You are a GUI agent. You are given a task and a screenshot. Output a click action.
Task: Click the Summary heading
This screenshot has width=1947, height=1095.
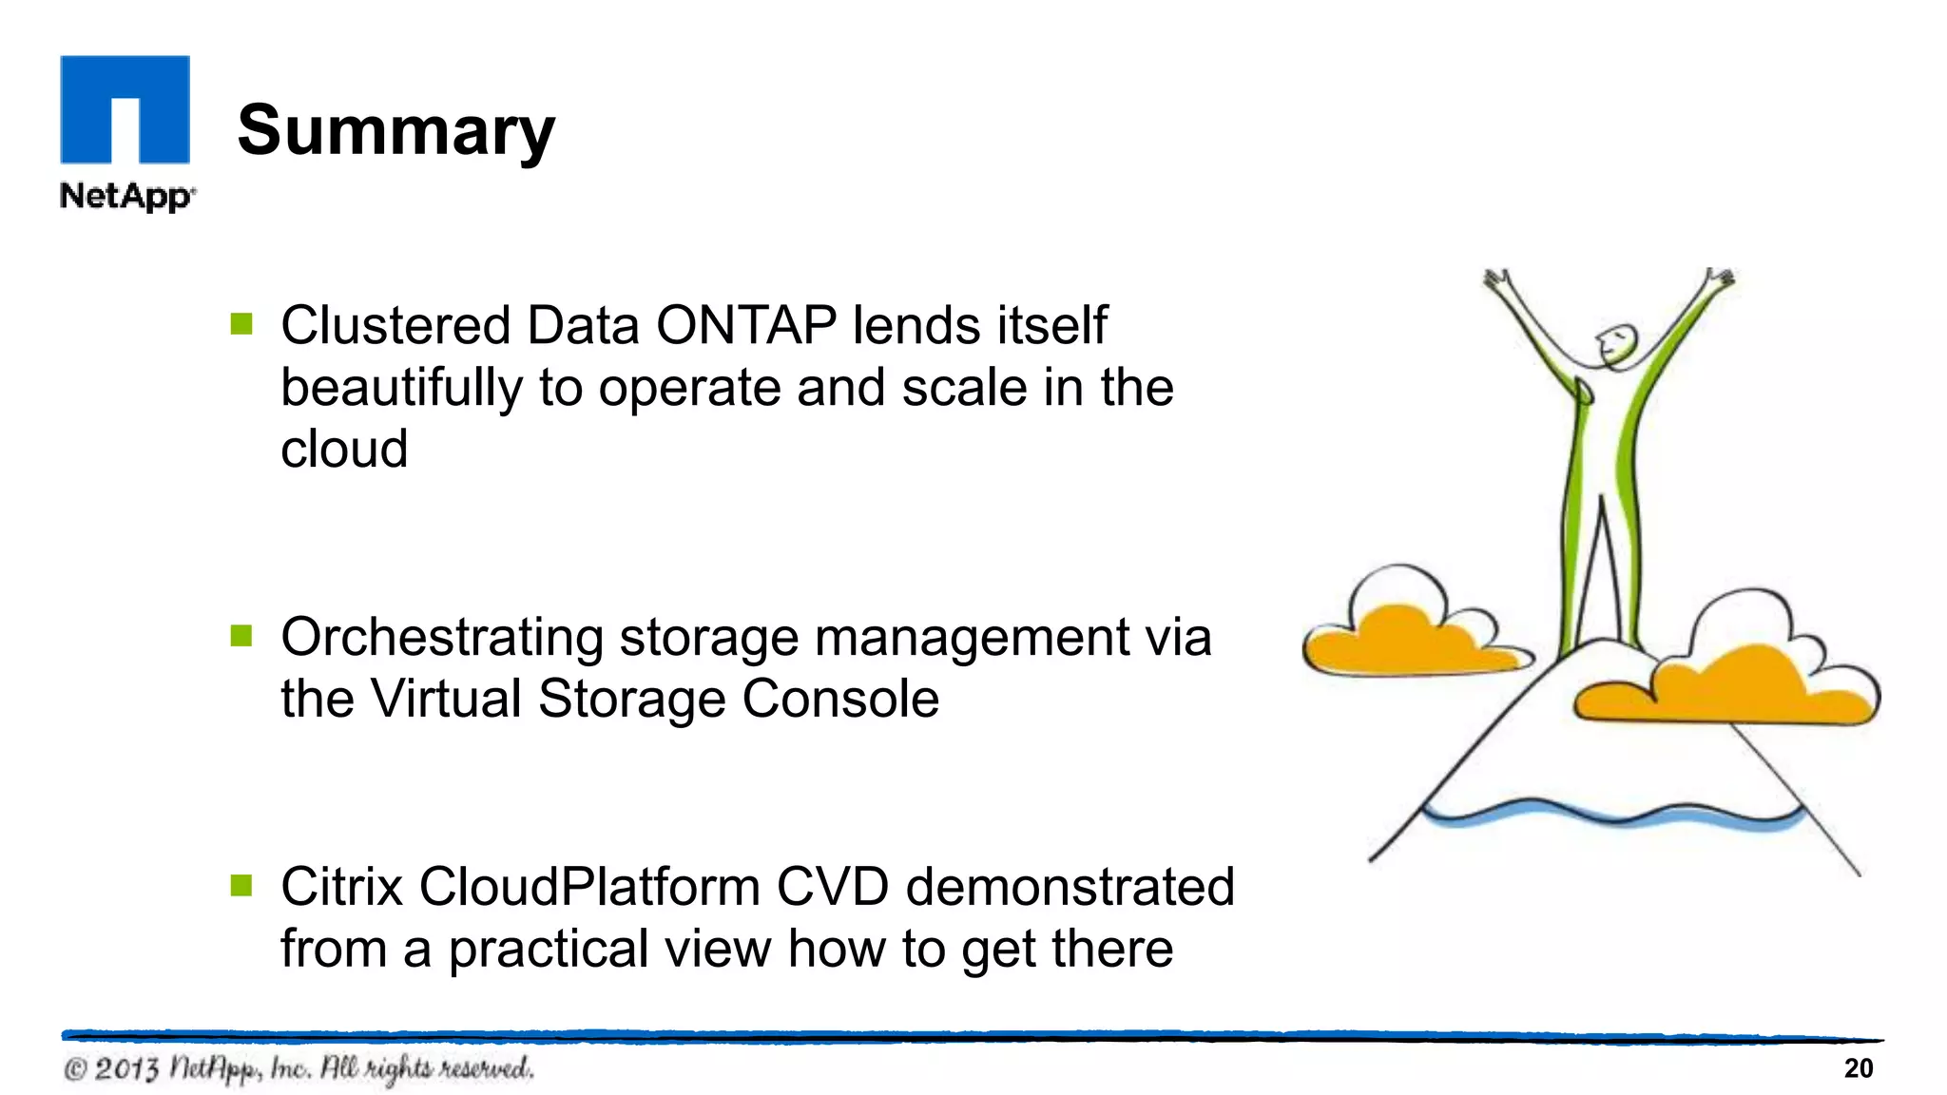tap(395, 131)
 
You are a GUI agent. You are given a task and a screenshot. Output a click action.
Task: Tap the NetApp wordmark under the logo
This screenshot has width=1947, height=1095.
tap(126, 196)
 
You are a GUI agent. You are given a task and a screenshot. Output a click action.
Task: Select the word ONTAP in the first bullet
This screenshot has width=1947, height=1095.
tap(746, 325)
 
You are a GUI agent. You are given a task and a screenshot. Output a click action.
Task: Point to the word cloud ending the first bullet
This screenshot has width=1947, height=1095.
tap(344, 449)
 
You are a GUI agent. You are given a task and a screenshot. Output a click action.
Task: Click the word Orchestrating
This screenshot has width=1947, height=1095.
tap(442, 637)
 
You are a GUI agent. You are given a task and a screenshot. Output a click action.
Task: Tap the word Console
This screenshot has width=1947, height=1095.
tap(840, 699)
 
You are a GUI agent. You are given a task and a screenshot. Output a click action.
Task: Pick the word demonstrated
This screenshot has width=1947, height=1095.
tap(1070, 887)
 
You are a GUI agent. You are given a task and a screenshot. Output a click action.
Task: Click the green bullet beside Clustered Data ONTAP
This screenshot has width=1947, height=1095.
tap(241, 325)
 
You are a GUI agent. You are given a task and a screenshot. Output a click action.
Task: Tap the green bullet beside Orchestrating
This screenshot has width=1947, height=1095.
tap(241, 636)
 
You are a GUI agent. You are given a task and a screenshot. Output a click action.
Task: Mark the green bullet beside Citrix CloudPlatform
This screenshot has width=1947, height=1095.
tap(241, 886)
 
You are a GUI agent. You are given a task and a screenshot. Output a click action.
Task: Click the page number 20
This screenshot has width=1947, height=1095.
tap(1858, 1068)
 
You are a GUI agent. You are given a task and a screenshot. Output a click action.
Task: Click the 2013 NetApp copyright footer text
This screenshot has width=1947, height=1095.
tap(299, 1068)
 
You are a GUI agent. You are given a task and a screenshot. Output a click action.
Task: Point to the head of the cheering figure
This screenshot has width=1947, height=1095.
tap(1615, 345)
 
